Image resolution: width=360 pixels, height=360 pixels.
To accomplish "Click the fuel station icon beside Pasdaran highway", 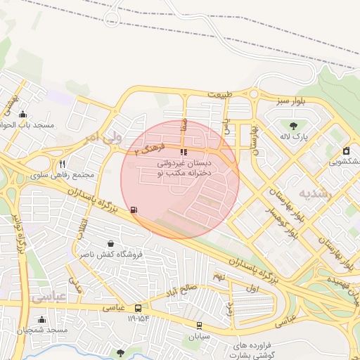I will coord(134,210).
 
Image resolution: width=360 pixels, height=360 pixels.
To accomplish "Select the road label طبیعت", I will coord(219,94).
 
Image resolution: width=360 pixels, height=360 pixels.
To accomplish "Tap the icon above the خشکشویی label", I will coord(346,150).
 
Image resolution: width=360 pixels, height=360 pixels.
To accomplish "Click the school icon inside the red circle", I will coord(184,152).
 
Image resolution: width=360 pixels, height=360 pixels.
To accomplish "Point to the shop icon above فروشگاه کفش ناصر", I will coord(110,243).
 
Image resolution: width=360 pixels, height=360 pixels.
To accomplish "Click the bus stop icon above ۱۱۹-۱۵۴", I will coord(138,308).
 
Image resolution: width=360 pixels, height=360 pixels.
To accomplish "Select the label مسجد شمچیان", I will coord(44,330).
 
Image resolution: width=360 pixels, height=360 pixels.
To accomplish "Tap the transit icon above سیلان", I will coord(200,326).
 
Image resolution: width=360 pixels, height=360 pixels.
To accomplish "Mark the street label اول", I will coord(253,289).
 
